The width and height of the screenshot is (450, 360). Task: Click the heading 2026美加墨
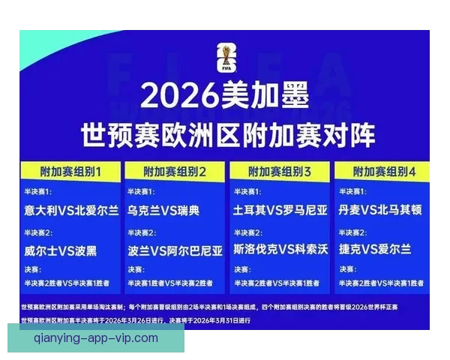click(x=224, y=97)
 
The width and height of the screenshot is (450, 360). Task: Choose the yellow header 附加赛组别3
click(x=280, y=172)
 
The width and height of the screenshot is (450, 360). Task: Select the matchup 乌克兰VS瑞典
click(x=163, y=211)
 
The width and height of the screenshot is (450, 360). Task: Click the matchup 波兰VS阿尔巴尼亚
click(x=175, y=249)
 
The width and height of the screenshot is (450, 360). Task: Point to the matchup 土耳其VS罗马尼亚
click(x=280, y=211)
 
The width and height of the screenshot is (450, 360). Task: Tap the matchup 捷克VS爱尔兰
click(x=375, y=249)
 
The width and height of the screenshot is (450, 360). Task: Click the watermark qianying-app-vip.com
click(x=96, y=337)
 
